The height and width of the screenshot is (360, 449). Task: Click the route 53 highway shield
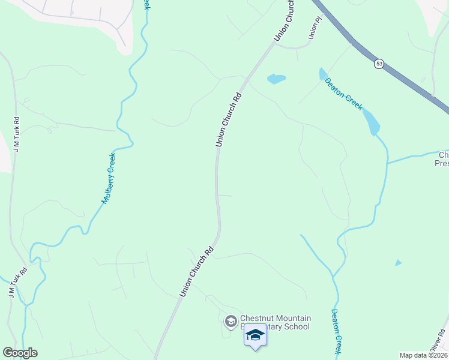click(x=379, y=63)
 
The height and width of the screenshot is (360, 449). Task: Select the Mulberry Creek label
click(x=109, y=178)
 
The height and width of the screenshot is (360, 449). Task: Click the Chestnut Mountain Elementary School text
click(x=275, y=322)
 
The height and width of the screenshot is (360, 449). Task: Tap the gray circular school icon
click(x=231, y=322)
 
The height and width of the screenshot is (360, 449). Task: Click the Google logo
click(x=20, y=353)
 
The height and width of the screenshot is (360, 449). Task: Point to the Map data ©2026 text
click(x=424, y=355)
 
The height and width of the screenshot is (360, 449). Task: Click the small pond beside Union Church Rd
click(x=276, y=79)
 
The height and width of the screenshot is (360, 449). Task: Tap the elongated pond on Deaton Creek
click(x=371, y=122)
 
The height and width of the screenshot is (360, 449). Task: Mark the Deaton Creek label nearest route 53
click(x=343, y=94)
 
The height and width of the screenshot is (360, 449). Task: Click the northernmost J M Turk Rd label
click(x=17, y=133)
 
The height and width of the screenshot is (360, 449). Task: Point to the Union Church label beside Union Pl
click(x=285, y=21)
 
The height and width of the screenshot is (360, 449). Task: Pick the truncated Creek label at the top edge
click(x=146, y=4)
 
